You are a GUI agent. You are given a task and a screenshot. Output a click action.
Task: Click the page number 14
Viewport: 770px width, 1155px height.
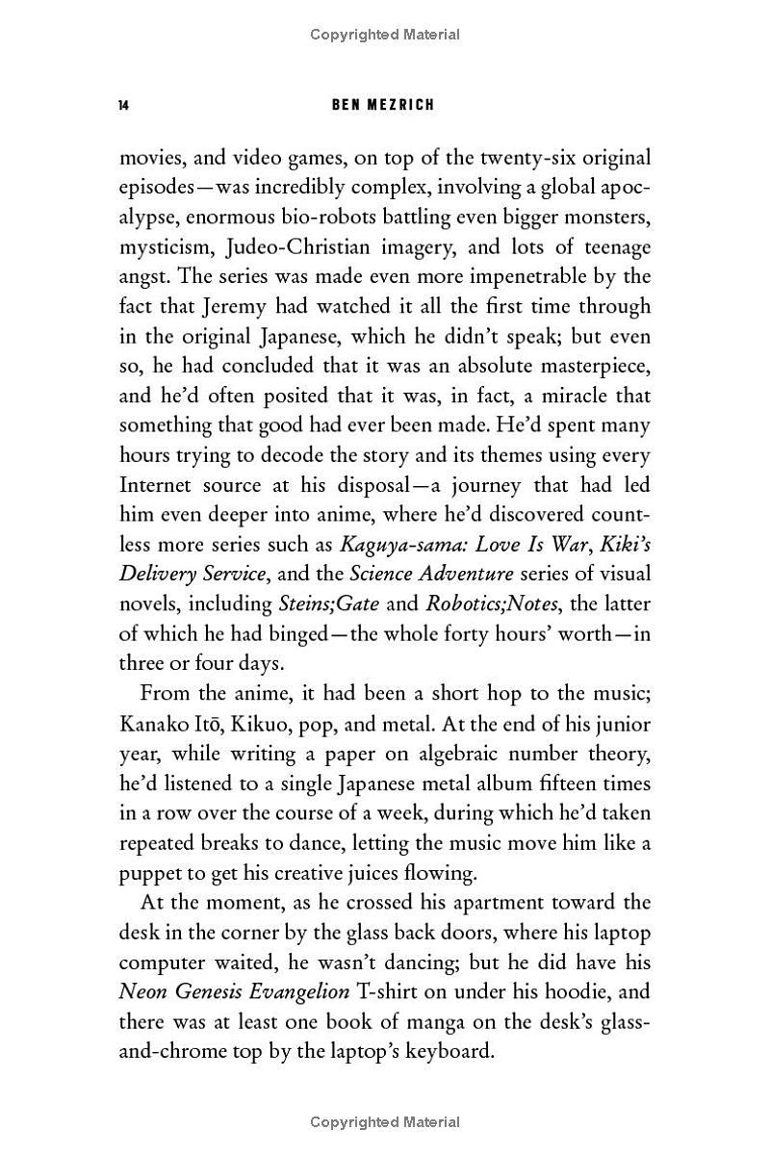123,104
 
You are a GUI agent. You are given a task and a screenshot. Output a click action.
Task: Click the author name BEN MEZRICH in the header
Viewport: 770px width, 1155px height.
383,104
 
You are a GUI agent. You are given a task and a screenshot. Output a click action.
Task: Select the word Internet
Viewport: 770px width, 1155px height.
155,484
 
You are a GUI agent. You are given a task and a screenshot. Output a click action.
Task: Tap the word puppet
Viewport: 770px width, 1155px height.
148,874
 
